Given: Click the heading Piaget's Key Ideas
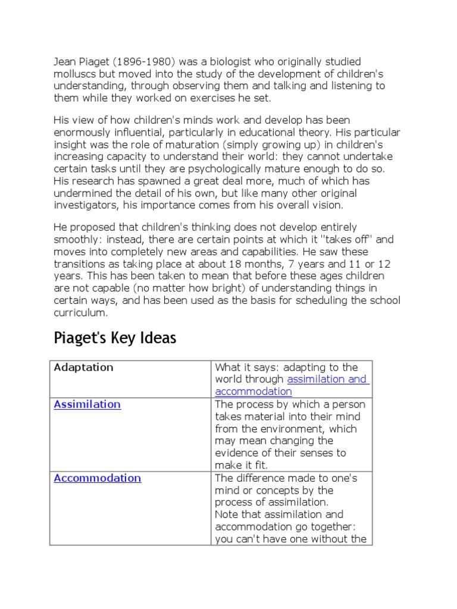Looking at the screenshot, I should [115, 338].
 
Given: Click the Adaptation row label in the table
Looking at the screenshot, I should [83, 368].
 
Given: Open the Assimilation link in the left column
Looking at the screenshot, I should [87, 404].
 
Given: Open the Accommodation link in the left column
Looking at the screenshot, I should [97, 478].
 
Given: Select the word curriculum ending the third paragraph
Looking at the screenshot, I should [80, 312].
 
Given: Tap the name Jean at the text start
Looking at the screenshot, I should [65, 62].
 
